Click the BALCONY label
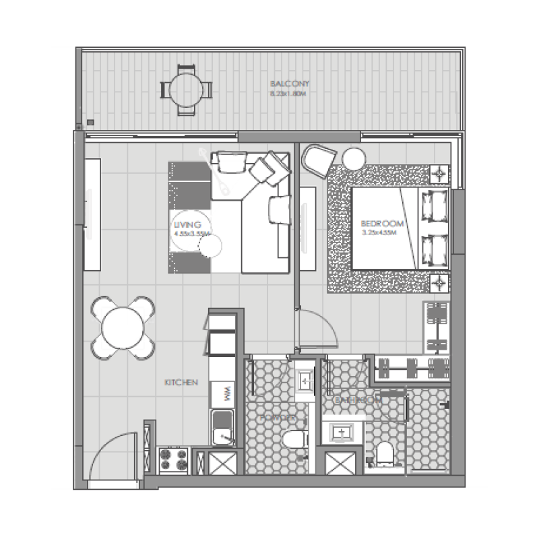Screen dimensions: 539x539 (x=289, y=84)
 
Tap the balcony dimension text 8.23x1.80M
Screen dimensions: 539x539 (x=289, y=94)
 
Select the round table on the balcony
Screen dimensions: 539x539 (x=185, y=88)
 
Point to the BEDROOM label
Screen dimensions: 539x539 (x=382, y=224)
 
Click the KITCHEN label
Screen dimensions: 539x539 (x=181, y=383)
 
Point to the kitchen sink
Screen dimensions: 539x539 (x=222, y=424)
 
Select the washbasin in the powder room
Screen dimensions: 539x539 (x=305, y=382)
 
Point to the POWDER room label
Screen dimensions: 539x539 (x=278, y=418)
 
